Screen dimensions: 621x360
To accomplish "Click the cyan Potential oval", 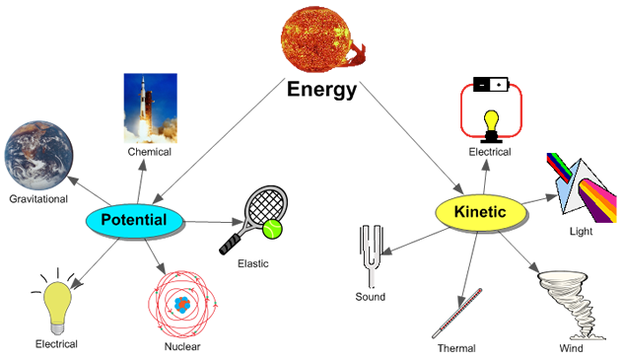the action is (x=135, y=221).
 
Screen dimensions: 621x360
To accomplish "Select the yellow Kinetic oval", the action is (x=481, y=212).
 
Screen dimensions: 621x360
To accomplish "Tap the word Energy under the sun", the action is (x=321, y=90).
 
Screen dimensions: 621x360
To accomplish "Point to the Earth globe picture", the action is (x=38, y=156).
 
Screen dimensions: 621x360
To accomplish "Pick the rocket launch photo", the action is (x=151, y=108).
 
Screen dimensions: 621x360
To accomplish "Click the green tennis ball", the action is (x=272, y=229).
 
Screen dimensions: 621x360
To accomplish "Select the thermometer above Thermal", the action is (x=457, y=314).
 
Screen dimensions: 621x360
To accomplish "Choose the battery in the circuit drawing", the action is (x=491, y=85).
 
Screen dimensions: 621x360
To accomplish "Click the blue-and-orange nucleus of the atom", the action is (x=182, y=305).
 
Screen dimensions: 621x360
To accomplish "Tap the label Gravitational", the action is (x=38, y=199).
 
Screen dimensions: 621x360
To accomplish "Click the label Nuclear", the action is (x=182, y=346).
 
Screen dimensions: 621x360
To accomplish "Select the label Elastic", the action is (x=253, y=263).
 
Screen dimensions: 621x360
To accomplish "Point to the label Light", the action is (x=581, y=232).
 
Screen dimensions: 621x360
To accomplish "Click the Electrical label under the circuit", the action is (x=490, y=152).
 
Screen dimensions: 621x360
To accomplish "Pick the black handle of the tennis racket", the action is (x=231, y=245).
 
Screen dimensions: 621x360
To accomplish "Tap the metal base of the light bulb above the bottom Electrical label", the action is (x=58, y=328).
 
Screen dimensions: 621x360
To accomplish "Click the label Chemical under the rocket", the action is (x=149, y=152).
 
